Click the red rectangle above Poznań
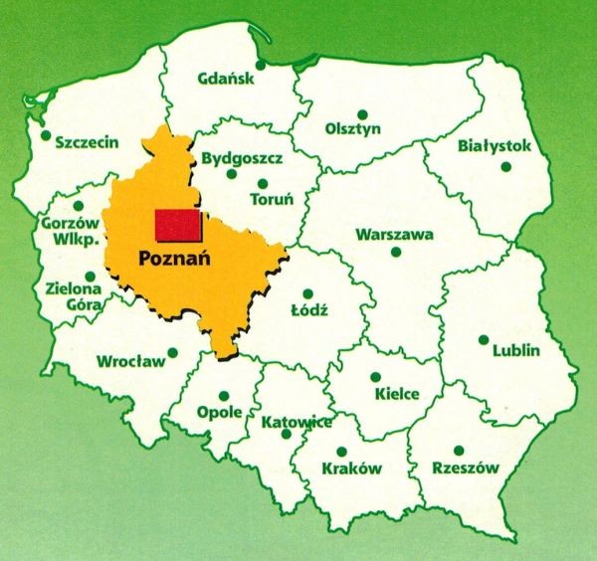coord(177,225)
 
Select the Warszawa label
coord(395,235)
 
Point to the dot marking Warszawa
coord(396,253)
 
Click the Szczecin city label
coord(88,141)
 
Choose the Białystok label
coord(495,146)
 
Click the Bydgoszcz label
coord(242,158)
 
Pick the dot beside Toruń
coord(262,182)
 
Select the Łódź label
coord(308,311)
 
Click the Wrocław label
coord(130,361)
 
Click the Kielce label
coord(396,394)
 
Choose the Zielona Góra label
coord(73,297)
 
